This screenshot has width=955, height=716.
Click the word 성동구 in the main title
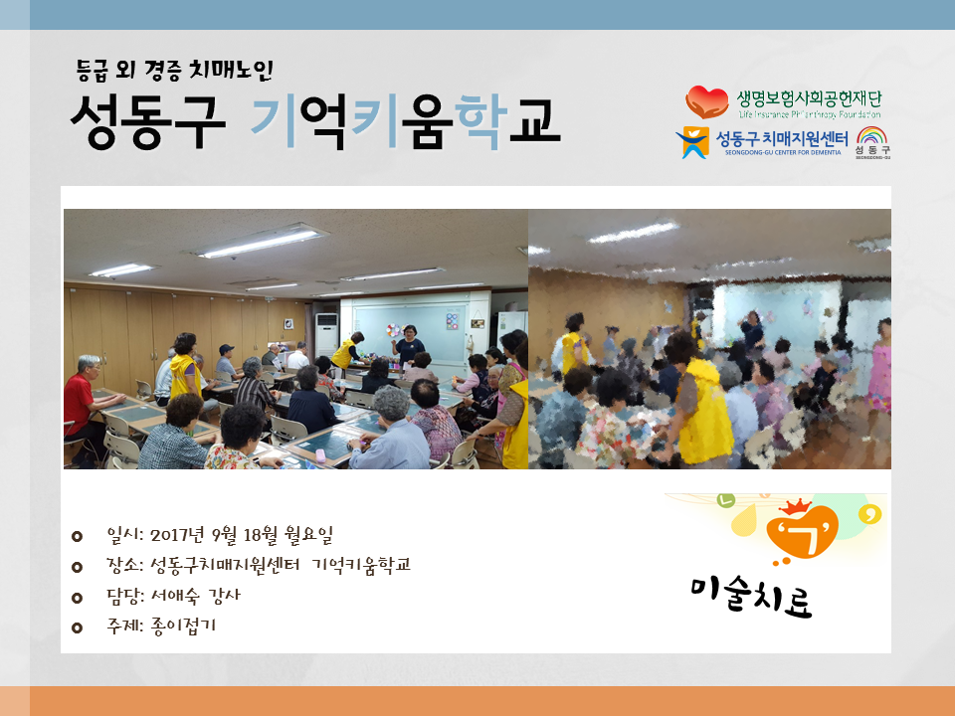pos(148,121)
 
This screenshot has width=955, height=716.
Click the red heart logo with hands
pos(707,101)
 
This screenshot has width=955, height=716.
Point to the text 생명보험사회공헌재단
pos(809,98)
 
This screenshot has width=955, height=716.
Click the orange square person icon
pos(693,142)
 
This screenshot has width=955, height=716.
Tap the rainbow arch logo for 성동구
pos(872,136)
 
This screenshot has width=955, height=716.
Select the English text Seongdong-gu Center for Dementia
pos(783,152)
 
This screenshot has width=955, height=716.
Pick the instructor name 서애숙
pos(175,595)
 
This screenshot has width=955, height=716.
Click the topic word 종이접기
pos(183,626)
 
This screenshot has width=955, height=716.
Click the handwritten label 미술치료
pos(752,596)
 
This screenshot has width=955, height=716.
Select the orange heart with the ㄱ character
pos(802,531)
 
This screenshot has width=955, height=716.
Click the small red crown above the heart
pos(794,506)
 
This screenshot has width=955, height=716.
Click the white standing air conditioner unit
pos(326,335)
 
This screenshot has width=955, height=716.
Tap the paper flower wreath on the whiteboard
pos(394,330)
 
